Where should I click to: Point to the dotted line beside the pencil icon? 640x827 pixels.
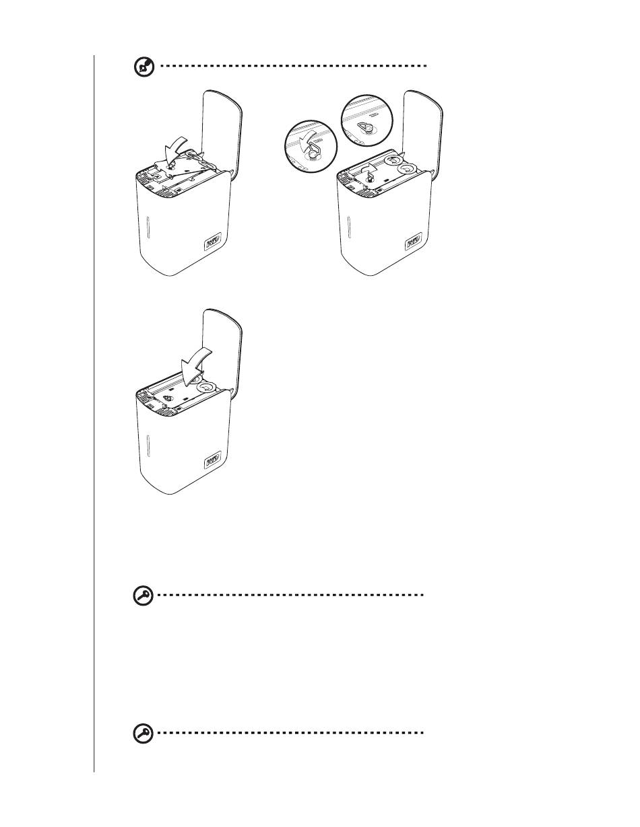294,67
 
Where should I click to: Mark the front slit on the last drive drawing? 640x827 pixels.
147,445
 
